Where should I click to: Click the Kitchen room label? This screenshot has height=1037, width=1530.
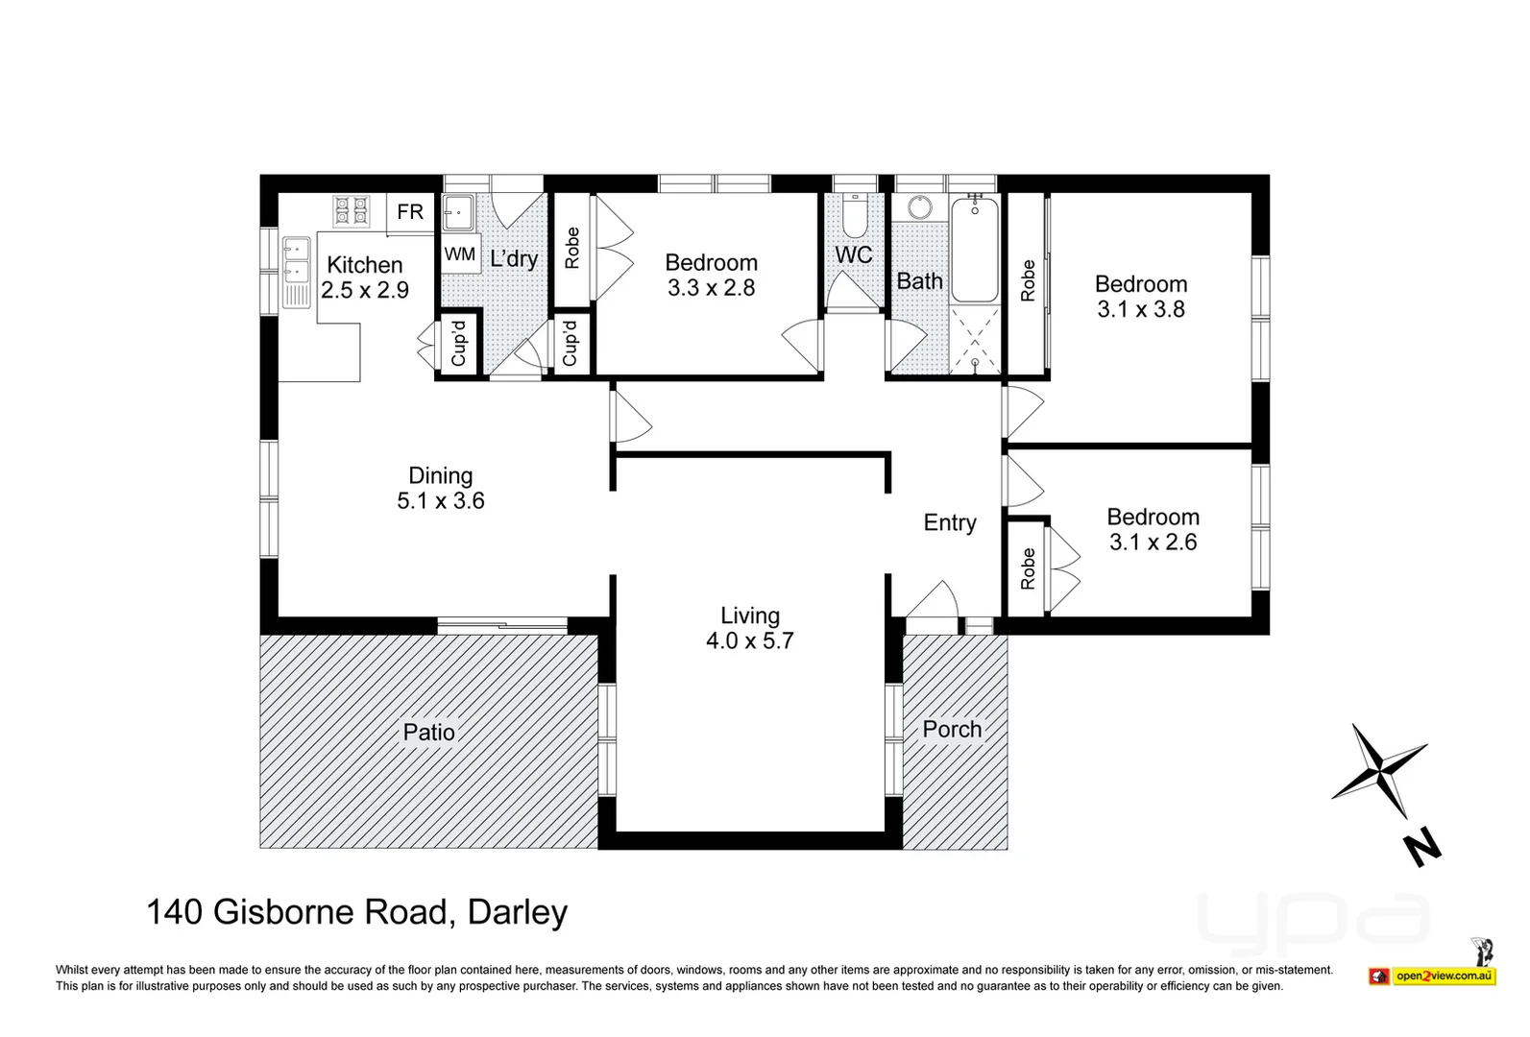tap(365, 265)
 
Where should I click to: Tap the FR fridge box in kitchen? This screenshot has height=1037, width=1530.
tap(410, 211)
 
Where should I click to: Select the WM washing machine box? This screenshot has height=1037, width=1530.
tap(460, 254)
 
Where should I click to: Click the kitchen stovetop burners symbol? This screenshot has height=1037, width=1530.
tap(351, 210)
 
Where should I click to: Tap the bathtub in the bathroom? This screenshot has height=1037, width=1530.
tap(975, 250)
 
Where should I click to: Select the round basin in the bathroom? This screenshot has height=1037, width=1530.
tap(920, 208)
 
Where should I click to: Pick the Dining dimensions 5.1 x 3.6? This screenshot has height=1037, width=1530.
tap(441, 500)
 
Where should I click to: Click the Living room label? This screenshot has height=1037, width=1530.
tap(750, 615)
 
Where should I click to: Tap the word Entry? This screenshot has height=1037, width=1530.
tap(950, 522)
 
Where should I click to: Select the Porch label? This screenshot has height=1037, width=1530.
tap(952, 730)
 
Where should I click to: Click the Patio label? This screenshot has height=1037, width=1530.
tap(428, 733)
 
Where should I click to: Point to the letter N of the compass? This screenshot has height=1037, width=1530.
tap(1421, 850)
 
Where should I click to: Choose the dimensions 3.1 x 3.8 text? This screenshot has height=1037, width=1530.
tap(1141, 309)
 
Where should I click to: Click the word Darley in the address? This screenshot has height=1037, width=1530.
tap(518, 911)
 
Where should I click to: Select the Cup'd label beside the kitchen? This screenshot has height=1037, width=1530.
tap(459, 343)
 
